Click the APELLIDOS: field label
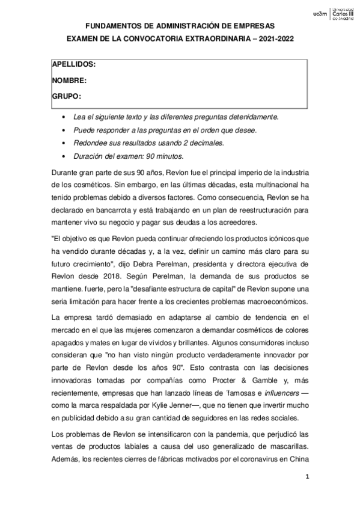[x=74, y=63]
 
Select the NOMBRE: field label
[x=70, y=79]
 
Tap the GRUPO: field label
[x=67, y=96]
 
